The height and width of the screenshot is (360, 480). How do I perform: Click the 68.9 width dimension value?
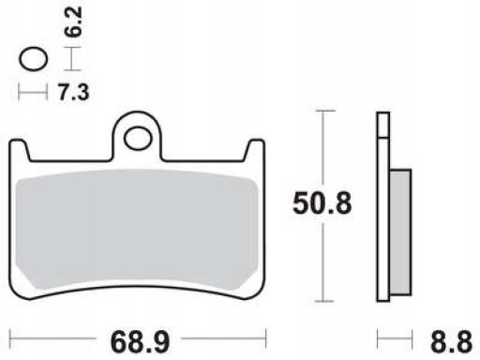(140, 342)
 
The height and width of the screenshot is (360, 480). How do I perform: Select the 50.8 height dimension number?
(322, 203)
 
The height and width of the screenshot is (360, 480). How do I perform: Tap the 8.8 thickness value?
(451, 342)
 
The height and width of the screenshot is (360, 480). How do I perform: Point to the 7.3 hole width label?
(74, 92)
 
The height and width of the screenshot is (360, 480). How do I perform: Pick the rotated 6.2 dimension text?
(74, 22)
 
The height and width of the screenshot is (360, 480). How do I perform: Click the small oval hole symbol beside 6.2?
(34, 59)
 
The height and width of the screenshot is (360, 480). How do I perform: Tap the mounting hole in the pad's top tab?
(138, 138)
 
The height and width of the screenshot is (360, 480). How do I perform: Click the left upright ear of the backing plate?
(19, 151)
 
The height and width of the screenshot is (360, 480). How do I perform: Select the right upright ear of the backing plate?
(255, 151)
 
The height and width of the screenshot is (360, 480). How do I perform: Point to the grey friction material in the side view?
(400, 232)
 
